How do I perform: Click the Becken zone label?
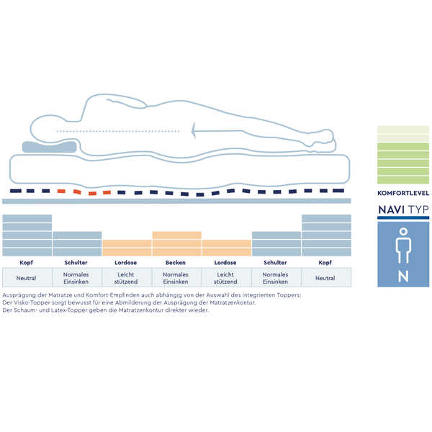176,263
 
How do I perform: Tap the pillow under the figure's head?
49,147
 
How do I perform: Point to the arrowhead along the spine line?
194,130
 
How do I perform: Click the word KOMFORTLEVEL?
403,193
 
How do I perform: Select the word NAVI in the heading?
391,210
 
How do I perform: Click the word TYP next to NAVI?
418,210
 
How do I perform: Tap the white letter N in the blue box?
403,276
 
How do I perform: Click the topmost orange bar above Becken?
177,235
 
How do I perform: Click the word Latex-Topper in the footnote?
68,310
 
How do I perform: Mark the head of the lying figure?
48,129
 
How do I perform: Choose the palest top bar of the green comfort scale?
403,130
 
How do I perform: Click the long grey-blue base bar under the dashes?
176,202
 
